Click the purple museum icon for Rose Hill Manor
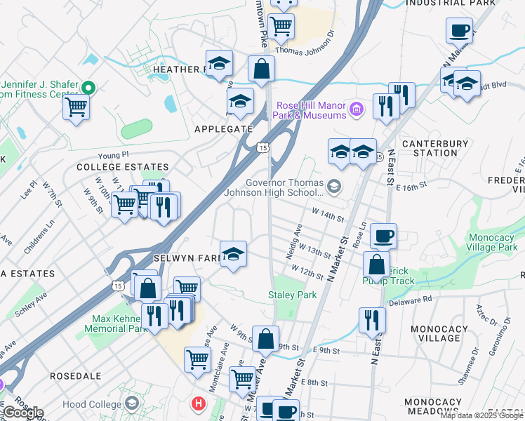pos(357,109)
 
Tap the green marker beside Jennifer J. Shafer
pos(88,88)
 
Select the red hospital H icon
pos(199,403)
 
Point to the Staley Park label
pos(292,295)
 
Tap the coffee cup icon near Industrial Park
pos(459,30)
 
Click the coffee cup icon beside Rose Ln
pos(383,236)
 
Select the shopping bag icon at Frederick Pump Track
pos(377,265)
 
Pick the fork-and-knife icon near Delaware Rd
pos(372,320)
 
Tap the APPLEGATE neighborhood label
pos(223,129)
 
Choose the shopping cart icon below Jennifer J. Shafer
pos(76,108)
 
